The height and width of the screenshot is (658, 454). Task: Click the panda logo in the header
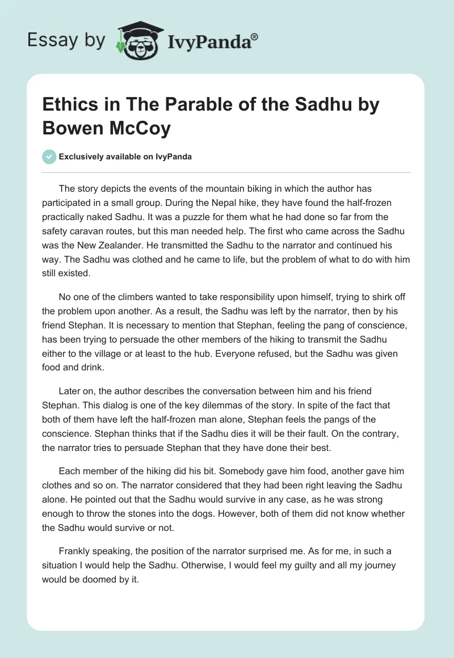(x=138, y=40)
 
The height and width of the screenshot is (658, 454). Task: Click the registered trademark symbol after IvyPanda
(x=255, y=36)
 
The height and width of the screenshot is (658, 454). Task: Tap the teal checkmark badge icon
(x=49, y=157)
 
